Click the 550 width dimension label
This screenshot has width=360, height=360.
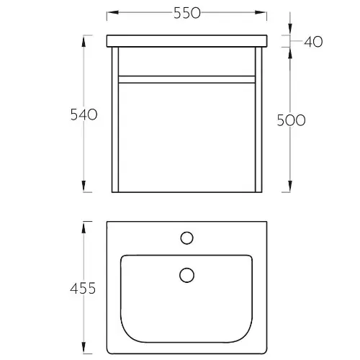pyautogui.click(x=187, y=13)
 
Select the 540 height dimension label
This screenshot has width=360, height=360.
pyautogui.click(x=84, y=114)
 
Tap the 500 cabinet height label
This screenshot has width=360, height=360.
pyautogui.click(x=291, y=120)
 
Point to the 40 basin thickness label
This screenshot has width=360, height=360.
pyautogui.click(x=313, y=42)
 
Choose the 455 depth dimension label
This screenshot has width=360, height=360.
pyautogui.click(x=83, y=288)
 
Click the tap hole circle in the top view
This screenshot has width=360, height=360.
pyautogui.click(x=186, y=238)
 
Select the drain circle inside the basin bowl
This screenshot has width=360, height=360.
pyautogui.click(x=186, y=275)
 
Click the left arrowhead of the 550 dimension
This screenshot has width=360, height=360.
pyautogui.click(x=112, y=12)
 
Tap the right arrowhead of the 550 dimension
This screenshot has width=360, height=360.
pyautogui.click(x=261, y=12)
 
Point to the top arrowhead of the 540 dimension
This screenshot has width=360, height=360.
pyautogui.click(x=84, y=41)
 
